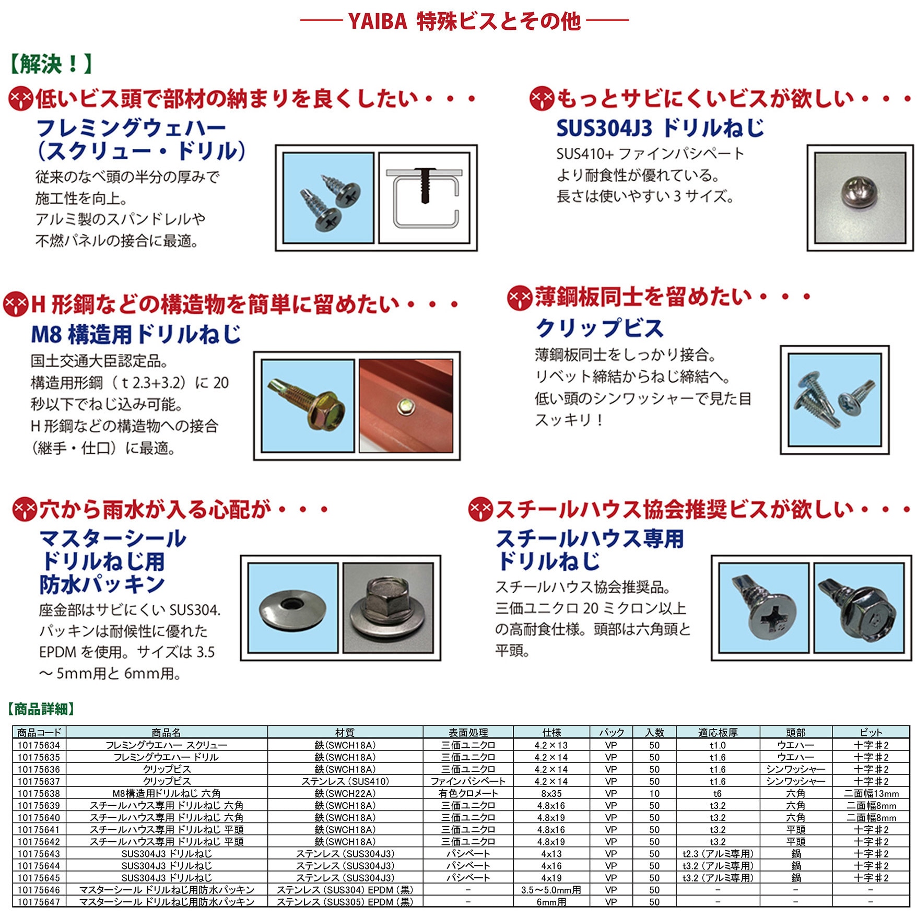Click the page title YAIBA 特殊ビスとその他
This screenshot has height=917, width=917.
[x=464, y=21]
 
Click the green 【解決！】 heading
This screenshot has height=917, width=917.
[x=51, y=64]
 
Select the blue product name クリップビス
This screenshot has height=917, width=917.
[x=599, y=328]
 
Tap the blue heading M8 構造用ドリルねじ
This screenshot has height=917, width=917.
[x=136, y=334]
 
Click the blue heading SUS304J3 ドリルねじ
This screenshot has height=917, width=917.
[x=660, y=128]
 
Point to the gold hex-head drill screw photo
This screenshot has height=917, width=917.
[x=308, y=405]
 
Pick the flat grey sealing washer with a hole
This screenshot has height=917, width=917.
[x=292, y=607]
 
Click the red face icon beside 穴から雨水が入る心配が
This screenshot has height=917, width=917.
[x=25, y=509]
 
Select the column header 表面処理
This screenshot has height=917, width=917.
[x=468, y=732]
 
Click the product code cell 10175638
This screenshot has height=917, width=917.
[x=39, y=793]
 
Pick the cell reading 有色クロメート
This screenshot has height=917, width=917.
[x=468, y=793]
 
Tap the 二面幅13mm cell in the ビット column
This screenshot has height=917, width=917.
[x=871, y=793]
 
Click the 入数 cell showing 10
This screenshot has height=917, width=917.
[x=654, y=793]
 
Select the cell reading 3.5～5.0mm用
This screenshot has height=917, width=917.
[x=551, y=890]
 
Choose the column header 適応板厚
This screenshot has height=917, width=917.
[x=718, y=732]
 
